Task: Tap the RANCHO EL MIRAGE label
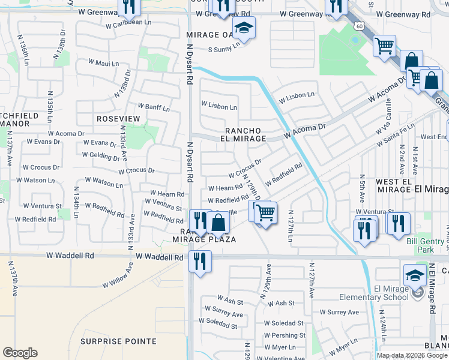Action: coord(245,134)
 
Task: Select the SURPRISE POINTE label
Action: coord(118,341)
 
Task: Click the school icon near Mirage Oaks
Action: coord(244,28)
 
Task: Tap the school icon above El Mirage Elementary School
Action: coord(415,275)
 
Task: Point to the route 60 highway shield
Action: coord(358,26)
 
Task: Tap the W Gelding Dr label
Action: coord(100,154)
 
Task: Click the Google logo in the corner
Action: coord(20,353)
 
